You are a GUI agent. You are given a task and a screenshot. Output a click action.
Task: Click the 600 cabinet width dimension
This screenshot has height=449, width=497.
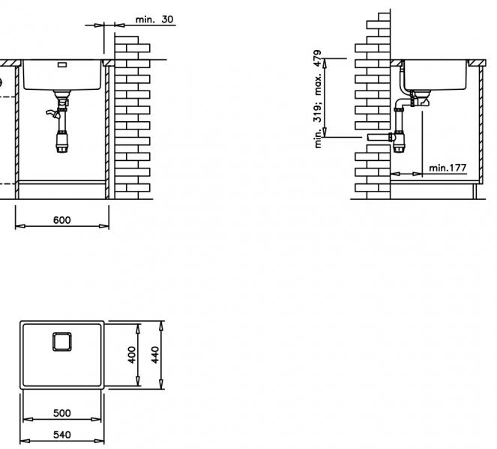(61, 220)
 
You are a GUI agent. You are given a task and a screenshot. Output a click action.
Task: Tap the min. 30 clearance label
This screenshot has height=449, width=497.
(154, 19)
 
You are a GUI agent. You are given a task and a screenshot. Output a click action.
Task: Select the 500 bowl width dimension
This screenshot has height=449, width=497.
(61, 413)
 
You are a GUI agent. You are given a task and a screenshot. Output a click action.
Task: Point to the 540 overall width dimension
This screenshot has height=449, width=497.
(61, 435)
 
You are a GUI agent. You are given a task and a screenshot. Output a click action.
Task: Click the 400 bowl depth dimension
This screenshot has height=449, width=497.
(132, 355)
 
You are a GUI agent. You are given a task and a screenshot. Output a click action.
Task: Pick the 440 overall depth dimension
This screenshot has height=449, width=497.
(155, 355)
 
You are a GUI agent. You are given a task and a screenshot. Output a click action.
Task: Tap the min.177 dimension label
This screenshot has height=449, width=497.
(448, 168)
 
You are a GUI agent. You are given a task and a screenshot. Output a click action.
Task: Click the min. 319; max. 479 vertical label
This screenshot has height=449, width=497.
(318, 99)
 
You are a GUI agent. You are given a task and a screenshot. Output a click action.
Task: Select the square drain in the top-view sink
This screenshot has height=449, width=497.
(61, 342)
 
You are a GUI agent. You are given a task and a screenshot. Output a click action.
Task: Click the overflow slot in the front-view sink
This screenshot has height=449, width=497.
(61, 65)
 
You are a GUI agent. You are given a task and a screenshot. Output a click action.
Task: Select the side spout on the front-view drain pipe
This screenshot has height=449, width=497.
(52, 114)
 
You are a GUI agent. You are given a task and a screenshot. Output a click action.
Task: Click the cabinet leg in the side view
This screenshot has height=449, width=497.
(475, 191)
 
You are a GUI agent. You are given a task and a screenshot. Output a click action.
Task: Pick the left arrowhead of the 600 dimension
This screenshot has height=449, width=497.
(20, 226)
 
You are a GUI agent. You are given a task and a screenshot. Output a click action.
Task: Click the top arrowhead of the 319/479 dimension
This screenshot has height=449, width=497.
(325, 64)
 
